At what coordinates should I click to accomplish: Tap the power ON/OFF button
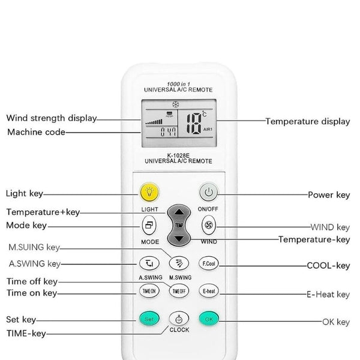click(208, 192)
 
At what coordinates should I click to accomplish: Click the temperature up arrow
click(179, 212)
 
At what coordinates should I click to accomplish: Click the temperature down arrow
click(179, 239)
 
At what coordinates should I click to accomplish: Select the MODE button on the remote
click(149, 225)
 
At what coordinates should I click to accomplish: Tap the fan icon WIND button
click(209, 225)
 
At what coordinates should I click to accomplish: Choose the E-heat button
click(209, 291)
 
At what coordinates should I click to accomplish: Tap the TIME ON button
click(149, 291)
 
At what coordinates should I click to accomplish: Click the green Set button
click(149, 319)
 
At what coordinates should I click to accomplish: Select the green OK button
click(209, 319)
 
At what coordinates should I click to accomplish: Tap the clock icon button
click(179, 319)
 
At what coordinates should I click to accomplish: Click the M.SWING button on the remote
click(179, 263)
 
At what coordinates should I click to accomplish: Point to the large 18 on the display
click(194, 124)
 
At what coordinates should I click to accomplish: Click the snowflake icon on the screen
click(176, 104)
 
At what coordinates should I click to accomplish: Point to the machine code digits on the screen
click(168, 132)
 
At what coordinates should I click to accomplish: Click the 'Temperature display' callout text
click(308, 121)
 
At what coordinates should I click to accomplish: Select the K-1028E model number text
click(178, 155)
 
